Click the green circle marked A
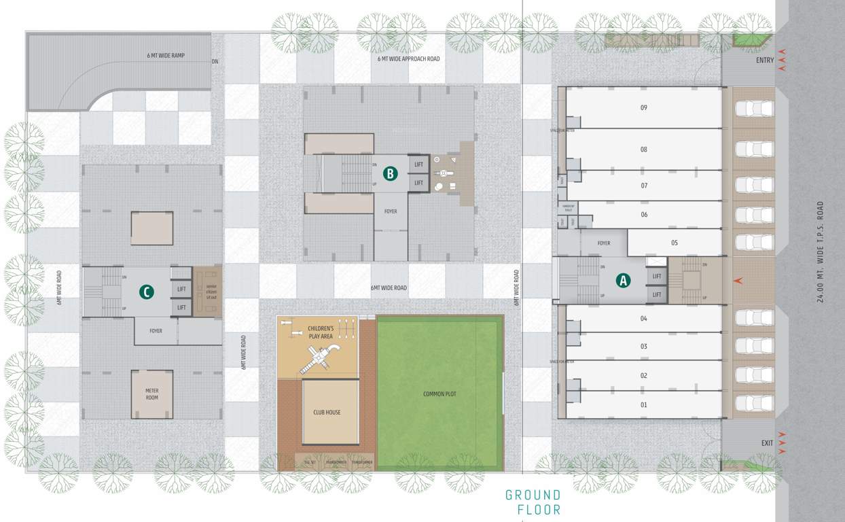coord(623,279)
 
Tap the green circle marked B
coord(390,173)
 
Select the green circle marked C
coord(146,292)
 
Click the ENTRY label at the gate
coord(765,60)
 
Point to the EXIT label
coord(767,443)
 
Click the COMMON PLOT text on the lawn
coord(439,394)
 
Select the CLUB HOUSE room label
coord(327,413)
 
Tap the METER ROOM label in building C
coord(151,394)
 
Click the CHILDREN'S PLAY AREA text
coord(320,332)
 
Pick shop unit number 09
coord(643,107)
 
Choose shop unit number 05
coord(674,243)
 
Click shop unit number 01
coord(643,404)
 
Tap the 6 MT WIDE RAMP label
coord(166,56)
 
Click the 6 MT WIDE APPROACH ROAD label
coord(408,59)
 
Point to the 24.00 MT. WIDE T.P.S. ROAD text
coord(820,251)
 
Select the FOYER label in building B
coord(390,211)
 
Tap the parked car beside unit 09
coord(755,109)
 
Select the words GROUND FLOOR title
coord(533,502)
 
